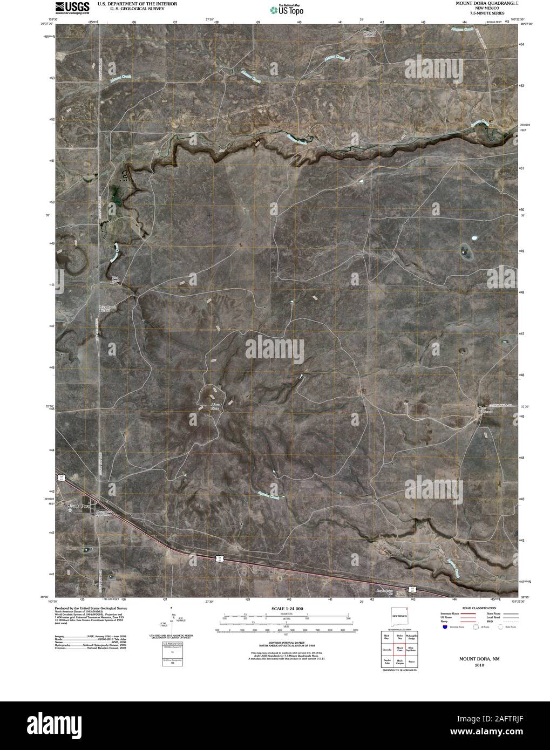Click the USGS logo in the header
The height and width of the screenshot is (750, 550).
[71, 6]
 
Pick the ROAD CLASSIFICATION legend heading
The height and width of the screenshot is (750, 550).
[477, 608]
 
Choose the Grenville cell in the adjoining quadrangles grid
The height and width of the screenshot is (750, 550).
[386, 650]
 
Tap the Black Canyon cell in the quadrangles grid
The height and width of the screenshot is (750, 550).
[399, 661]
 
